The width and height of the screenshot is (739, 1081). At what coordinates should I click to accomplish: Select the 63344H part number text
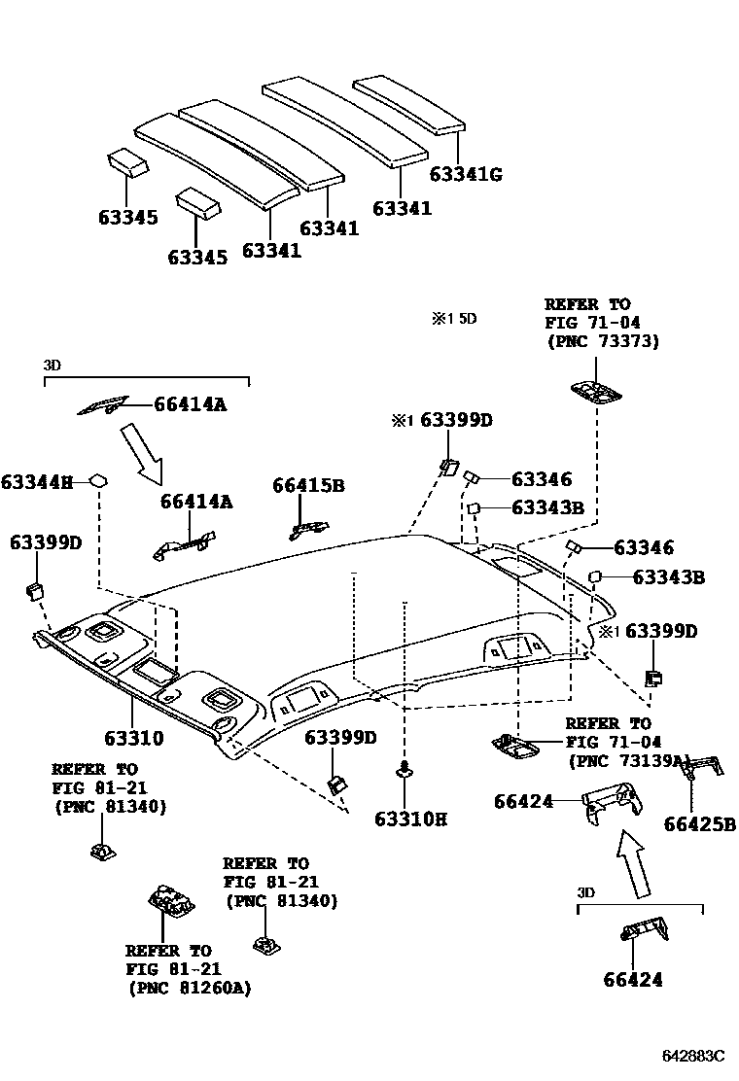click(37, 481)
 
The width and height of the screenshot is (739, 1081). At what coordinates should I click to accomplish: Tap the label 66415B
click(308, 485)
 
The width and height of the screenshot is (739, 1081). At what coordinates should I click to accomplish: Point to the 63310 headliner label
click(128, 739)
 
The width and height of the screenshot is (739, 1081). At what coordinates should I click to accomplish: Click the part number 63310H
click(410, 819)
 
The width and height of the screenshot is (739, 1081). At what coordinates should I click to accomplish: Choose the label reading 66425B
click(700, 825)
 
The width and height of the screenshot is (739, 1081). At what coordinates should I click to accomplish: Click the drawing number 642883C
click(694, 1056)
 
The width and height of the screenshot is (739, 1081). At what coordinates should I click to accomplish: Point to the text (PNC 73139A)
click(628, 761)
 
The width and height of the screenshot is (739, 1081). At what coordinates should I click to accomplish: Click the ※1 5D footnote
click(454, 318)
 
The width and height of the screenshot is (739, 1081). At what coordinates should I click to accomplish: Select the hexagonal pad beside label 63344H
click(98, 480)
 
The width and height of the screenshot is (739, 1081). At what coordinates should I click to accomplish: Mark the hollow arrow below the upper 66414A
click(142, 452)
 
